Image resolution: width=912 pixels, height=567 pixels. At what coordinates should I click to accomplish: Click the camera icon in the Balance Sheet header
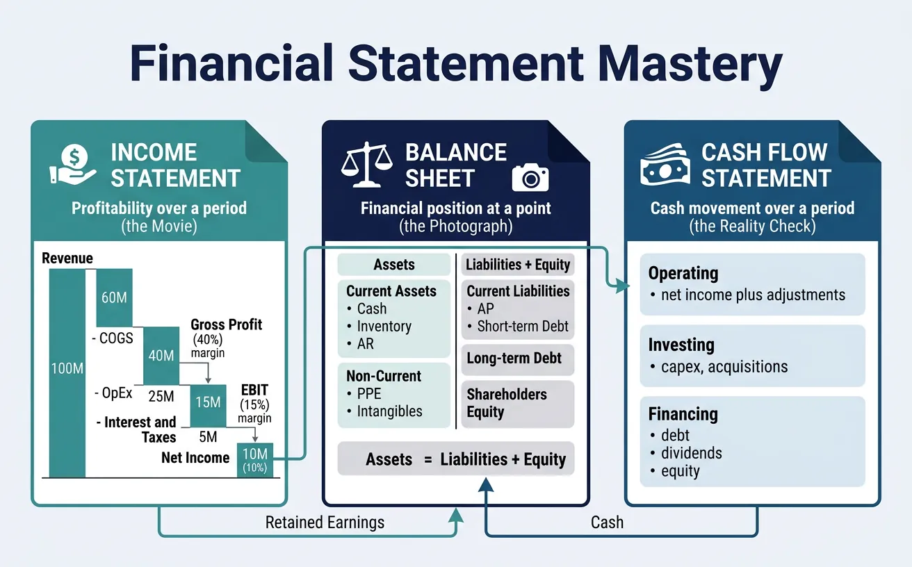(530, 178)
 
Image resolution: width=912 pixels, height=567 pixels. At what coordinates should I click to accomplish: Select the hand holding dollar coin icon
(73, 164)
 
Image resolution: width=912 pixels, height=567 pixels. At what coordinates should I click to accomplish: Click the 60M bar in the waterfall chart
(114, 297)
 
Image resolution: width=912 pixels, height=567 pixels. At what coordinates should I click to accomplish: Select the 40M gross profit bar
(161, 355)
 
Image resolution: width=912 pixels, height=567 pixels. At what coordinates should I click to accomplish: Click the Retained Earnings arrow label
(325, 522)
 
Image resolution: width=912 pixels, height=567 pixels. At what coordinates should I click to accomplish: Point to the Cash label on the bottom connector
(607, 522)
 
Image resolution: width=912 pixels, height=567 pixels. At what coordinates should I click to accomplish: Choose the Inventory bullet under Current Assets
(384, 327)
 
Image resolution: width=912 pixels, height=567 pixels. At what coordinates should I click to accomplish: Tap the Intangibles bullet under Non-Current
(389, 411)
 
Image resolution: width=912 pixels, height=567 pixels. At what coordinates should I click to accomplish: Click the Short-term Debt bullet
(523, 327)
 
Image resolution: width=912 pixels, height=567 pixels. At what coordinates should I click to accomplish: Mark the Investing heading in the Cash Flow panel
(681, 345)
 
